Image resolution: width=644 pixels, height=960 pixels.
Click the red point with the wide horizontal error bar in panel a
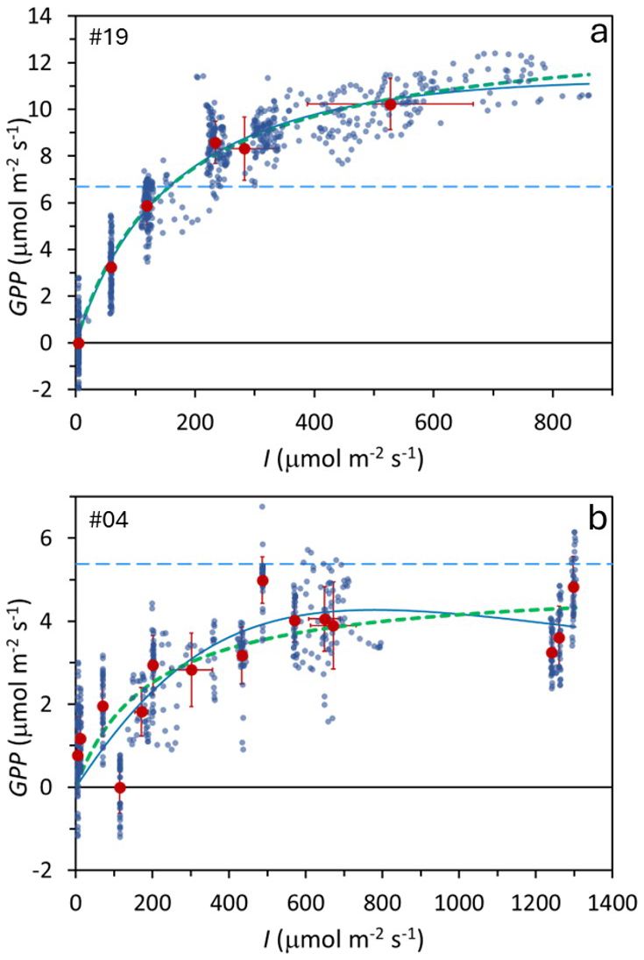click(391, 103)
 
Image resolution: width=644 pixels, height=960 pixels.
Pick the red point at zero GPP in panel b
click(120, 787)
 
